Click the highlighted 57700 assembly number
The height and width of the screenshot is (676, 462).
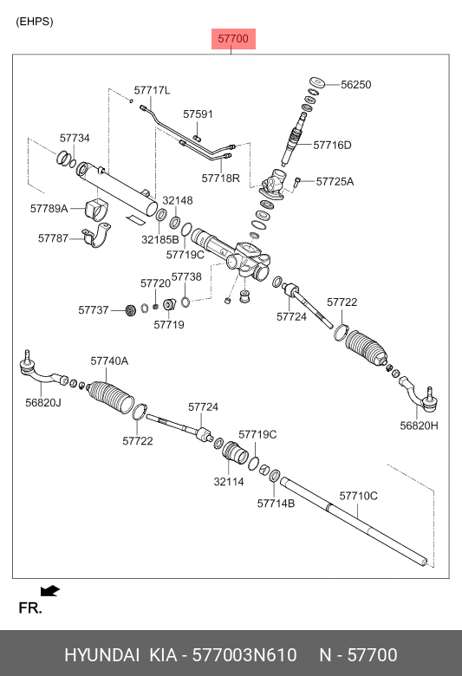pyautogui.click(x=233, y=39)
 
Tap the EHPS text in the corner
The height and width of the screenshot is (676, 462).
pyautogui.click(x=35, y=22)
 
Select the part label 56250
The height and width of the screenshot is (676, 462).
pyautogui.click(x=356, y=85)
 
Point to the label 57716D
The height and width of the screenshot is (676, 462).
pyautogui.click(x=332, y=145)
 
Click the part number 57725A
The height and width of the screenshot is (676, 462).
pyautogui.click(x=335, y=181)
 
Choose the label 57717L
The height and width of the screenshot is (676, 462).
pyautogui.click(x=152, y=90)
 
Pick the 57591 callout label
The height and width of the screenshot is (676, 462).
pyautogui.click(x=198, y=114)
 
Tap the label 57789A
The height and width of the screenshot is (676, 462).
pyautogui.click(x=49, y=209)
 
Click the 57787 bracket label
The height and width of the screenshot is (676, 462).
pyautogui.click(x=53, y=238)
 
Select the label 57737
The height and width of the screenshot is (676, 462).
pyautogui.click(x=93, y=310)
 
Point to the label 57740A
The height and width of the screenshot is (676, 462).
pyautogui.click(x=109, y=361)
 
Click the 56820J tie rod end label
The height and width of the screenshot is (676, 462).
pyautogui.click(x=43, y=403)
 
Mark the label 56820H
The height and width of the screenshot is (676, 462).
pyautogui.click(x=419, y=426)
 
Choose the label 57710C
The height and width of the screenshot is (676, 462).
pyautogui.click(x=359, y=496)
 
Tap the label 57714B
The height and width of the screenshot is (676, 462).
pyautogui.click(x=277, y=504)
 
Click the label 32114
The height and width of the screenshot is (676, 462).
pyautogui.click(x=229, y=482)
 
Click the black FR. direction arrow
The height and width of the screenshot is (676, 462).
pyautogui.click(x=50, y=591)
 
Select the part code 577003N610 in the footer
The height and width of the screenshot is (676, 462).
pyautogui.click(x=244, y=655)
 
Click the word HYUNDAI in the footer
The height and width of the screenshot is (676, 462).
pyautogui.click(x=101, y=655)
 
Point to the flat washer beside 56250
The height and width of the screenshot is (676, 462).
pyautogui.click(x=318, y=81)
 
